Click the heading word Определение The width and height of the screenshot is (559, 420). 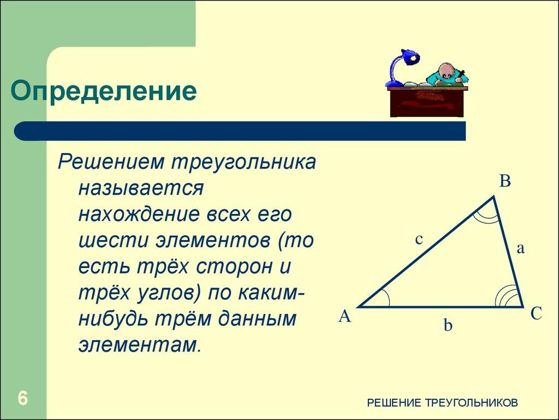point(104,91)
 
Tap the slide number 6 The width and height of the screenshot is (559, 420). point(22,398)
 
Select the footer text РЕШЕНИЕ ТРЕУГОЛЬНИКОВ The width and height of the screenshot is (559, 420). point(442,403)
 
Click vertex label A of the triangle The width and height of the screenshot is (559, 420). point(344,316)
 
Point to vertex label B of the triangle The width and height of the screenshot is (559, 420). point(505,182)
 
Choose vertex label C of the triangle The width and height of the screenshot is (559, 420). point(536,314)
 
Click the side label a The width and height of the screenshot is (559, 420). point(520,249)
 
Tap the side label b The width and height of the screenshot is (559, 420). point(448,326)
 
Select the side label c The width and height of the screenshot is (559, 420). point(419,239)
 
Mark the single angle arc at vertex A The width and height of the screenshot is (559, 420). point(384,298)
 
